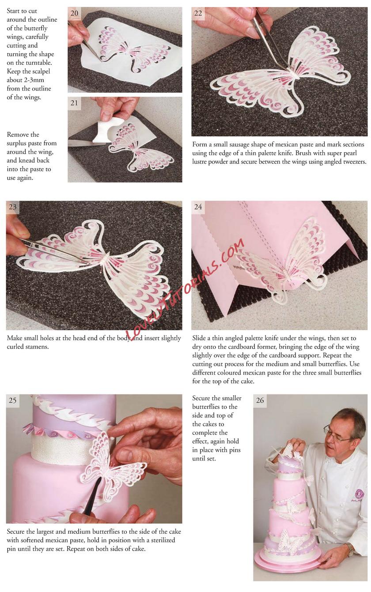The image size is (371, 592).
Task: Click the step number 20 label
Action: [x=74, y=13]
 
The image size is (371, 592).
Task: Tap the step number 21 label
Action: [x=74, y=103]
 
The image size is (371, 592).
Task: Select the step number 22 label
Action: [x=198, y=13]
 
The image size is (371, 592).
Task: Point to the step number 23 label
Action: [x=12, y=207]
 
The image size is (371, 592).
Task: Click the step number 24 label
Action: [x=198, y=207]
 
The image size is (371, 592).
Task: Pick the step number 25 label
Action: [x=12, y=401]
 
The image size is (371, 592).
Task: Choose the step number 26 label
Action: [x=260, y=401]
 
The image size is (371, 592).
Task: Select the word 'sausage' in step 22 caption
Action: [x=236, y=145]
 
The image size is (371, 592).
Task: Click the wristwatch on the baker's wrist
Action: [x=351, y=548]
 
